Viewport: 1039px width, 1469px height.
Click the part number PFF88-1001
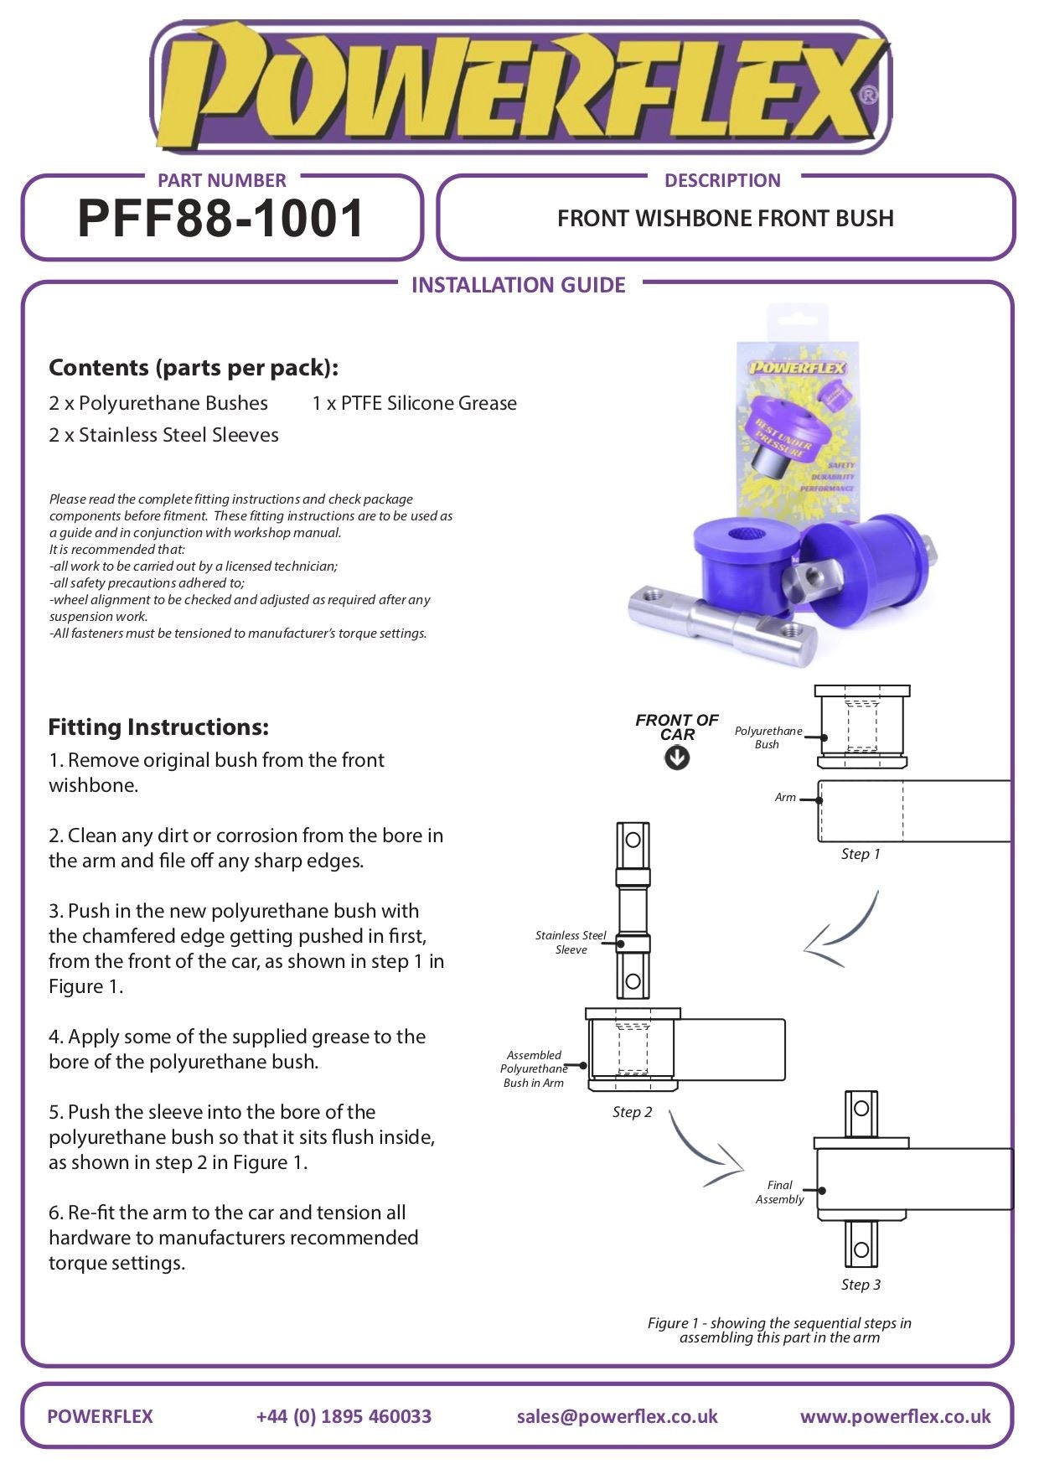tap(221, 219)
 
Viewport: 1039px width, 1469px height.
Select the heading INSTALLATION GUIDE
tap(518, 285)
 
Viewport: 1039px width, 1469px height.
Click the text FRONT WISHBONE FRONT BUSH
tap(725, 219)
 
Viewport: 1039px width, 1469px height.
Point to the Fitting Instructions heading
tap(158, 727)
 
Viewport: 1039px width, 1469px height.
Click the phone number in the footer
tap(344, 1416)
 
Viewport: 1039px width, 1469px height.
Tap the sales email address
tap(617, 1416)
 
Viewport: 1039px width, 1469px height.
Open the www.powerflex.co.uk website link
tap(895, 1416)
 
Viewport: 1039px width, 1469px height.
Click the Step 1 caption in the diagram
tap(861, 854)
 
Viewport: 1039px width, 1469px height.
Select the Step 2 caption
tap(632, 1112)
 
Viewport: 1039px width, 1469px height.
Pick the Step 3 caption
tap(861, 1285)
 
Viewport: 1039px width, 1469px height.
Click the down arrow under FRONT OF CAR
tap(677, 758)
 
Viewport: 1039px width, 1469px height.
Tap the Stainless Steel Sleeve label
tap(571, 942)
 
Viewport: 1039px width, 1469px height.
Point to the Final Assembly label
tap(779, 1192)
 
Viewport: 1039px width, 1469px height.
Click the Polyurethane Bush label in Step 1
tap(768, 737)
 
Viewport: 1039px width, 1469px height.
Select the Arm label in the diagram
tap(785, 797)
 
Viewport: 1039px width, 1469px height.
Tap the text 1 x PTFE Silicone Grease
tap(414, 403)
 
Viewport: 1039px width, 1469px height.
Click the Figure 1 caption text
tap(779, 1330)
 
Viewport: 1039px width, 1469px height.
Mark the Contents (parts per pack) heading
tap(194, 367)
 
